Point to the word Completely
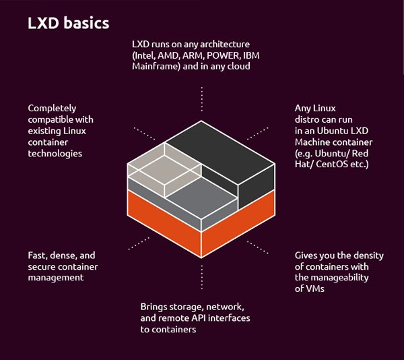coord(53,108)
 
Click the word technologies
coord(55,154)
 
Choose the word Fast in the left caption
coord(38,255)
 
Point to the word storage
coord(183,307)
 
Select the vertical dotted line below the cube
coord(201,276)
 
